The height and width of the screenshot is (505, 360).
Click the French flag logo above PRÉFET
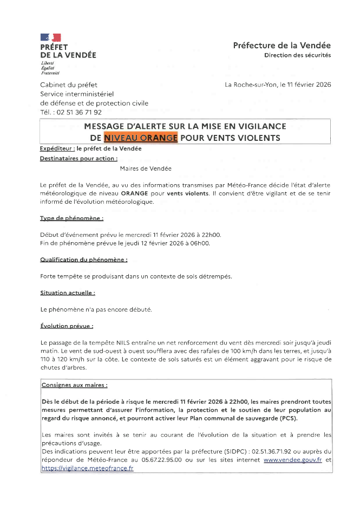tap(50, 37)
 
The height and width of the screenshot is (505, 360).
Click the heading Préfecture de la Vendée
tap(282, 46)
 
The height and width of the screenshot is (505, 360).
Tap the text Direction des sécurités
tap(297, 55)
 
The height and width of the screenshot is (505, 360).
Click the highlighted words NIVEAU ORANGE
tap(141, 138)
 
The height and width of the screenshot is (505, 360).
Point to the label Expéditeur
tap(57, 148)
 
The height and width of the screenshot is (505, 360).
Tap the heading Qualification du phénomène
tap(84, 260)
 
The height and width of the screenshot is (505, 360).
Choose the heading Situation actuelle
tap(68, 293)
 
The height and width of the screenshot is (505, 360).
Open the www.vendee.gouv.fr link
tap(293, 459)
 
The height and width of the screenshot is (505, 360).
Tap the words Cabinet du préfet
tap(66, 85)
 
